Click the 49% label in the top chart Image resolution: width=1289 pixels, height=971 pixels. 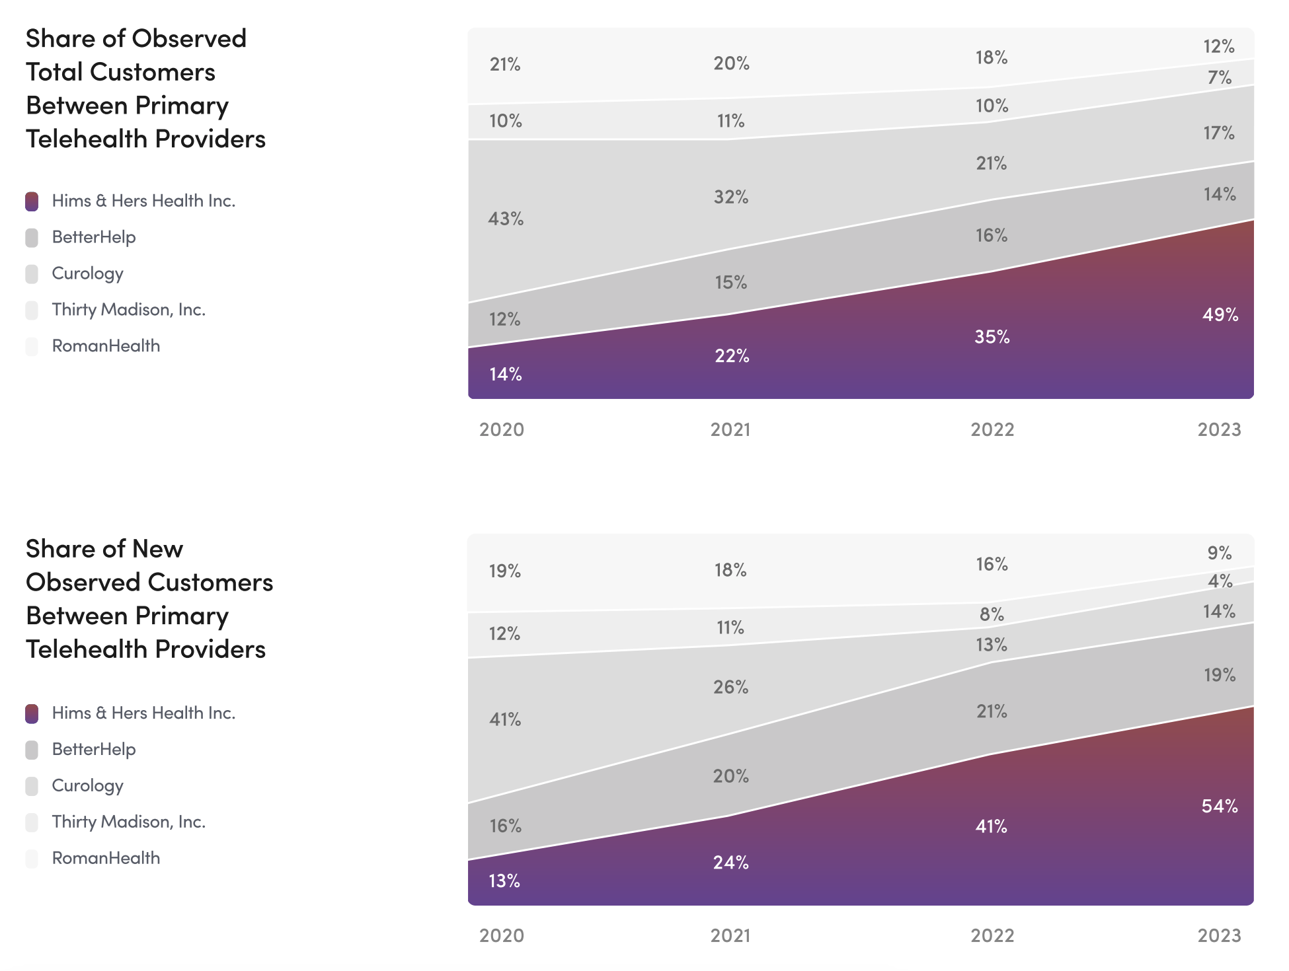(1220, 314)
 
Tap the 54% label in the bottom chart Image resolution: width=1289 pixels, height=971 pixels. (1220, 806)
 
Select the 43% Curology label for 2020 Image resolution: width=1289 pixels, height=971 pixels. (506, 219)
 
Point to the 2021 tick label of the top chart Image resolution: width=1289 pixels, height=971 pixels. (730, 429)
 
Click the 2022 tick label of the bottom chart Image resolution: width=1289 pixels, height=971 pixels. (992, 935)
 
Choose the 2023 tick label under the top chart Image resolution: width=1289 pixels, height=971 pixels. (1219, 429)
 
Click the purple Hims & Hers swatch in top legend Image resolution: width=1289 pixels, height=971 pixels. (32, 201)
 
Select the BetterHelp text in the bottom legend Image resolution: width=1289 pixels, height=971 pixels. (94, 749)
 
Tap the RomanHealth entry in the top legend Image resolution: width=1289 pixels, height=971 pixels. (106, 345)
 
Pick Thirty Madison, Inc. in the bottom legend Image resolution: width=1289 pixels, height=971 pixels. (129, 822)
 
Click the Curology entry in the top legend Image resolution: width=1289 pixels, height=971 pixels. (87, 273)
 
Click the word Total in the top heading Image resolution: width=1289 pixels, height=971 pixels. (54, 72)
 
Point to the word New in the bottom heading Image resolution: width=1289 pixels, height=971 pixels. (157, 549)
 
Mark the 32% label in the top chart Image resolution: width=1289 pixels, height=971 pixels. (731, 197)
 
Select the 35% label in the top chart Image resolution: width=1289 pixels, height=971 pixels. (992, 337)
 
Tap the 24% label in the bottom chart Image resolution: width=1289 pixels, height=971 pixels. (731, 862)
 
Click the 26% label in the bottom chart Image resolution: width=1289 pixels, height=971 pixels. (731, 687)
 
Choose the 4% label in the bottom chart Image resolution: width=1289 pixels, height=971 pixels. (1220, 581)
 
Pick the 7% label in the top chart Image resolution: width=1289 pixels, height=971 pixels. (1220, 78)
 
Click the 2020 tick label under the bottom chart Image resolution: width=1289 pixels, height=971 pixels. (502, 935)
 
